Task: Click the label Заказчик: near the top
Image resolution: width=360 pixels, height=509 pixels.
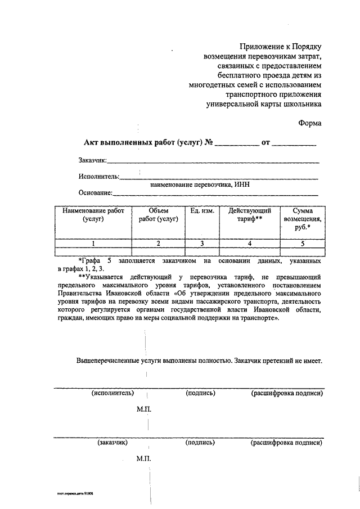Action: click(x=93, y=161)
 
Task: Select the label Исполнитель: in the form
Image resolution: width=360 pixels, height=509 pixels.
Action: click(x=99, y=177)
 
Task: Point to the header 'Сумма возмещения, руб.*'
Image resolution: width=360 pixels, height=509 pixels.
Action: click(x=303, y=219)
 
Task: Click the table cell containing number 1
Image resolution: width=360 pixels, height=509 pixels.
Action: click(x=93, y=244)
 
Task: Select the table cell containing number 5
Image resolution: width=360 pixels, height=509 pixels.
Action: click(x=303, y=244)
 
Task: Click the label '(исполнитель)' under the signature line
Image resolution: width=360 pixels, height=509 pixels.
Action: click(x=112, y=393)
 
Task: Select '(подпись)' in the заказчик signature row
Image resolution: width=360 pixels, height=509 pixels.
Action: click(x=200, y=443)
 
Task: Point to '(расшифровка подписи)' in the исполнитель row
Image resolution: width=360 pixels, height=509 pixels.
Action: click(x=287, y=393)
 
